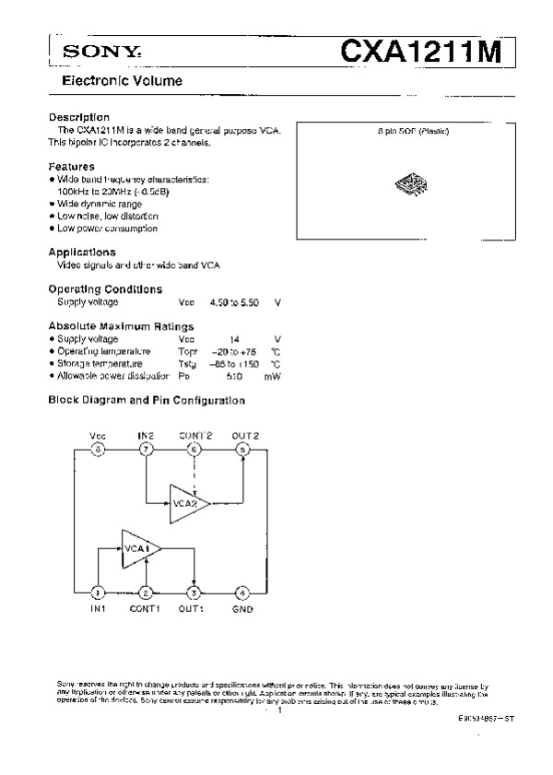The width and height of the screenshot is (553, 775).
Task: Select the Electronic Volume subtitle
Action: pos(122,81)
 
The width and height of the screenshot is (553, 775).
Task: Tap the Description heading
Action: pos(79,117)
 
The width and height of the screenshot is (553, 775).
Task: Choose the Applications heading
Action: pos(82,251)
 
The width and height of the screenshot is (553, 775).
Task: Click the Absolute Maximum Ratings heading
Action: pos(121,326)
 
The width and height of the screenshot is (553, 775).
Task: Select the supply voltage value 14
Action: pos(234,339)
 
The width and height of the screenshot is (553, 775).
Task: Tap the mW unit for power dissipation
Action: pos(272,376)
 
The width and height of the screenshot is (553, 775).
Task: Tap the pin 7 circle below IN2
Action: pos(146,450)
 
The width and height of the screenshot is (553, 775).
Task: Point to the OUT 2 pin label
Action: pos(245,434)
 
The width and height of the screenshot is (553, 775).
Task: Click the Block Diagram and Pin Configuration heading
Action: pos(147,400)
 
